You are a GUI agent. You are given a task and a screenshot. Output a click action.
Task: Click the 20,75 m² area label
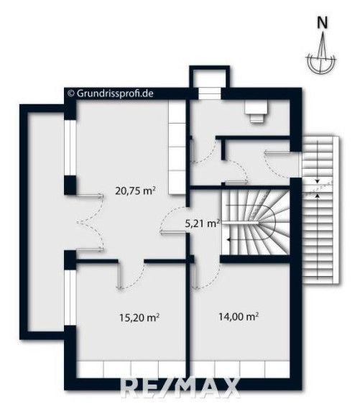click(135, 190)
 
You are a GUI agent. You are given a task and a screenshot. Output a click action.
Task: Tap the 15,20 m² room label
click(139, 317)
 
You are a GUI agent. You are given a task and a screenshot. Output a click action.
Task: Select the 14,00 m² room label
click(239, 316)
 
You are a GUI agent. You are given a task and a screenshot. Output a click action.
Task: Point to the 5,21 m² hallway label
click(202, 224)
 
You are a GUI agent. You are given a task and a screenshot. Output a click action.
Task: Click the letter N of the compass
click(322, 22)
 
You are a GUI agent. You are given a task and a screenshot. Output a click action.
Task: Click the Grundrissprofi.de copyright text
click(111, 93)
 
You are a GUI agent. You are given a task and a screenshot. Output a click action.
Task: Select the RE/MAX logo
click(180, 388)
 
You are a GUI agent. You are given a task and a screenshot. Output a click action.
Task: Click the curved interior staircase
click(255, 223)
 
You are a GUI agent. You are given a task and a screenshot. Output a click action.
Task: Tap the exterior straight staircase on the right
click(320, 210)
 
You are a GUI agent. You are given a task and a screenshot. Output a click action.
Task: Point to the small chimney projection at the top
click(209, 82)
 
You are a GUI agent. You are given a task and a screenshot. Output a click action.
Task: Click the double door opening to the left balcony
click(89, 222)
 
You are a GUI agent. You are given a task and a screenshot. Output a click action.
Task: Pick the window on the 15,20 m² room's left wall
click(70, 298)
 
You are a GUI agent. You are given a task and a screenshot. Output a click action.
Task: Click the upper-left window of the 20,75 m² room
click(70, 148)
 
